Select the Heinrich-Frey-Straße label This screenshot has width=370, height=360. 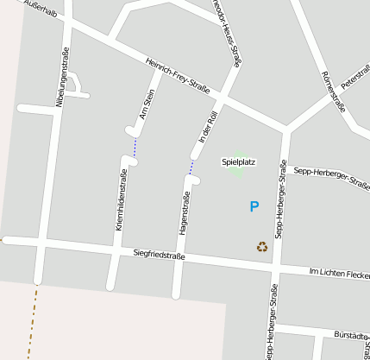click(x=179, y=76)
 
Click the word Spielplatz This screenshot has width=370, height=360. click(x=238, y=161)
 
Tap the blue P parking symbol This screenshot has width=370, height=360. click(x=254, y=206)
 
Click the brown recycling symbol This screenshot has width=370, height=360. click(x=262, y=247)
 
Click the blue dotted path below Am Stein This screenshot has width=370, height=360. click(x=135, y=148)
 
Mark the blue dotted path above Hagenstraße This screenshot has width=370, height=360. click(x=191, y=166)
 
